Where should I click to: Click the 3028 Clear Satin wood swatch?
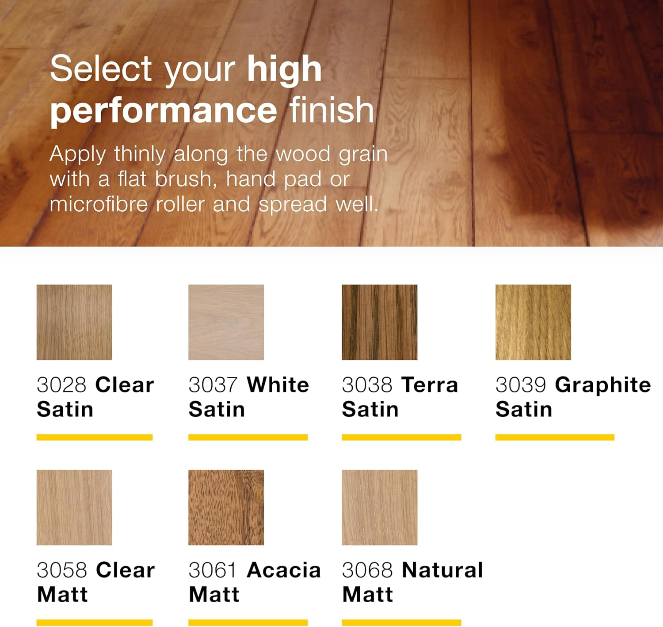74,322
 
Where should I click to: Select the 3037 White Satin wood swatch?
226,322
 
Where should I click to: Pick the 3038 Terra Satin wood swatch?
379,322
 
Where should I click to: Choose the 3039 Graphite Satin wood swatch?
533,322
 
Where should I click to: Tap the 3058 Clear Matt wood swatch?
74,507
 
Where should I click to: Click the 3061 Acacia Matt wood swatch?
226,507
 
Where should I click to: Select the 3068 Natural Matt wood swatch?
379,507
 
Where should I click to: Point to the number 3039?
521,385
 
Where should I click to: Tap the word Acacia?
284,570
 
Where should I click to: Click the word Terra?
430,385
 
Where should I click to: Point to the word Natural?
442,570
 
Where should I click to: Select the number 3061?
212,570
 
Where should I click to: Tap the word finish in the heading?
331,110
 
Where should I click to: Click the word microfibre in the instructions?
99,205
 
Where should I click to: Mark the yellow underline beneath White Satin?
248,437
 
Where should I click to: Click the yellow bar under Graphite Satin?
555,437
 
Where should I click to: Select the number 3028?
61,385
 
